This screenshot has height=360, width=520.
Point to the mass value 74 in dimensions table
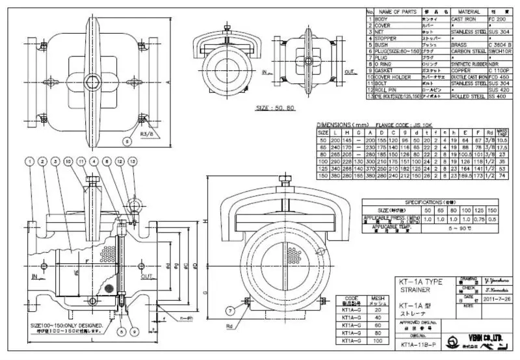(x=500, y=176)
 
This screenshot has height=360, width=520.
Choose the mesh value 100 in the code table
(x=375, y=340)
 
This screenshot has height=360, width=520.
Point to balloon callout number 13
(x=135, y=160)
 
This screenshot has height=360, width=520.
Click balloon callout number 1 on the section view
(x=29, y=160)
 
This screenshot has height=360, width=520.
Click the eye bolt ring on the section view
(x=135, y=207)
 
